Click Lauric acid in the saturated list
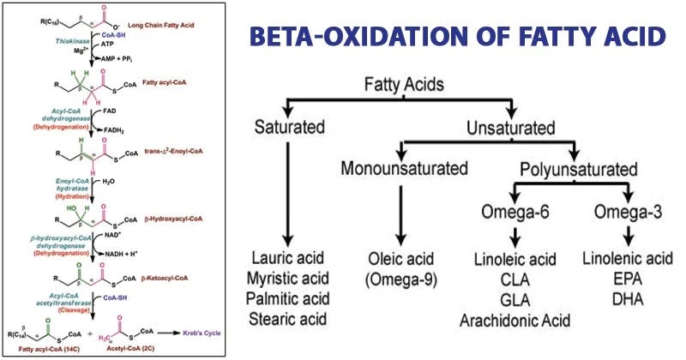[x=290, y=259]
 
